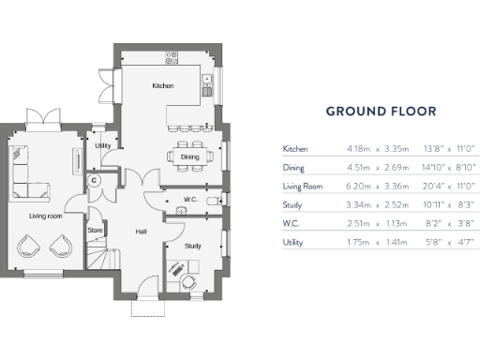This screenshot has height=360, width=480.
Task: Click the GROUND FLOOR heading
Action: pyautogui.click(x=381, y=112)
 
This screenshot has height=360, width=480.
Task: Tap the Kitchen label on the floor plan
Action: pyautogui.click(x=163, y=85)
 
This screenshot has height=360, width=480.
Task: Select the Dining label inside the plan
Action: pyautogui.click(x=190, y=157)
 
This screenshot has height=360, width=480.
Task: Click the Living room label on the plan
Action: pyautogui.click(x=45, y=216)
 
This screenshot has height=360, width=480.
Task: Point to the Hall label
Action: pyautogui.click(x=141, y=231)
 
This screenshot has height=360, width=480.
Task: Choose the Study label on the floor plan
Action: pyautogui.click(x=192, y=246)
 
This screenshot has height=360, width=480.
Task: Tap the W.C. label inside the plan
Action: pyautogui.click(x=189, y=199)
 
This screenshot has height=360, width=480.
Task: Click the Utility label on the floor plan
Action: pyautogui.click(x=102, y=146)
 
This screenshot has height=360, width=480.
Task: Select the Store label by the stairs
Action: pyautogui.click(x=95, y=229)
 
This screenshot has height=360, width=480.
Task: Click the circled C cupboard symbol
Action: pyautogui.click(x=95, y=181)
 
